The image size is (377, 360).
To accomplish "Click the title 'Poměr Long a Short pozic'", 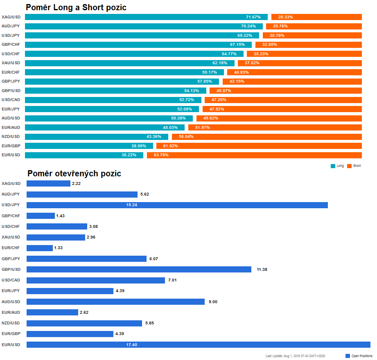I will point(76,7).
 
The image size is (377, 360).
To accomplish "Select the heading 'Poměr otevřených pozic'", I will point(74,173).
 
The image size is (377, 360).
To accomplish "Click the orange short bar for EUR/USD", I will point(254,155).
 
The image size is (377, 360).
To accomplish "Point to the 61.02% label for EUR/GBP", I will point(170,146).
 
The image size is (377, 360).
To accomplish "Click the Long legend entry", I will point(337,166).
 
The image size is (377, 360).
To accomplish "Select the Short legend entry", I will point(354,166).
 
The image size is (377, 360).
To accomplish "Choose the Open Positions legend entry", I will point(359,356).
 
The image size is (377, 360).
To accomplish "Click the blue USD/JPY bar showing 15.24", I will point(177,205).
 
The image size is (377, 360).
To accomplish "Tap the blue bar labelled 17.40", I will point(198,344).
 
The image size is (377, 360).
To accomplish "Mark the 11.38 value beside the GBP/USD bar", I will point(262,270).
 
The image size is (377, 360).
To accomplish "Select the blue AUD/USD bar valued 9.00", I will point(115,301).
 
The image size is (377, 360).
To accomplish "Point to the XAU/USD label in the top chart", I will point(11,63).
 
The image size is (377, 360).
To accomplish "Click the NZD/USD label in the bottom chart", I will point(11,323).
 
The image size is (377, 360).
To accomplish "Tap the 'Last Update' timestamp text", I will point(295,356).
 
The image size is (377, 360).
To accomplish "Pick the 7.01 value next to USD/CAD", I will point(173,280).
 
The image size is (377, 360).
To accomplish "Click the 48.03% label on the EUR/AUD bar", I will point(170,127).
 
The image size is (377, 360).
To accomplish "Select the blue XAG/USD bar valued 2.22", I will point(48,184).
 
